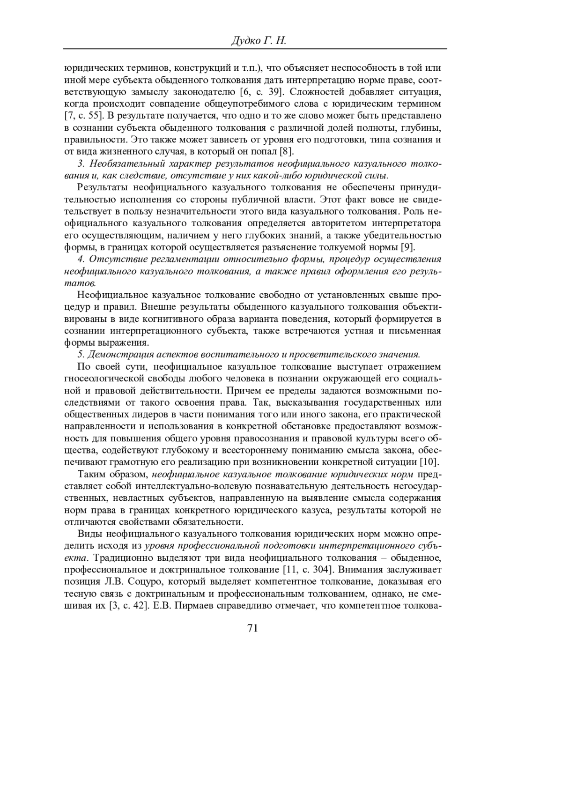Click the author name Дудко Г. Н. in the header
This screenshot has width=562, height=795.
click(x=259, y=41)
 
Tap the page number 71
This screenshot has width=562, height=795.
click(x=252, y=628)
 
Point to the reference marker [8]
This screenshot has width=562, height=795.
click(x=286, y=151)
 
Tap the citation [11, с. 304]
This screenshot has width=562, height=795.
click(x=309, y=570)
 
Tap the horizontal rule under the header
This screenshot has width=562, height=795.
click(x=255, y=49)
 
